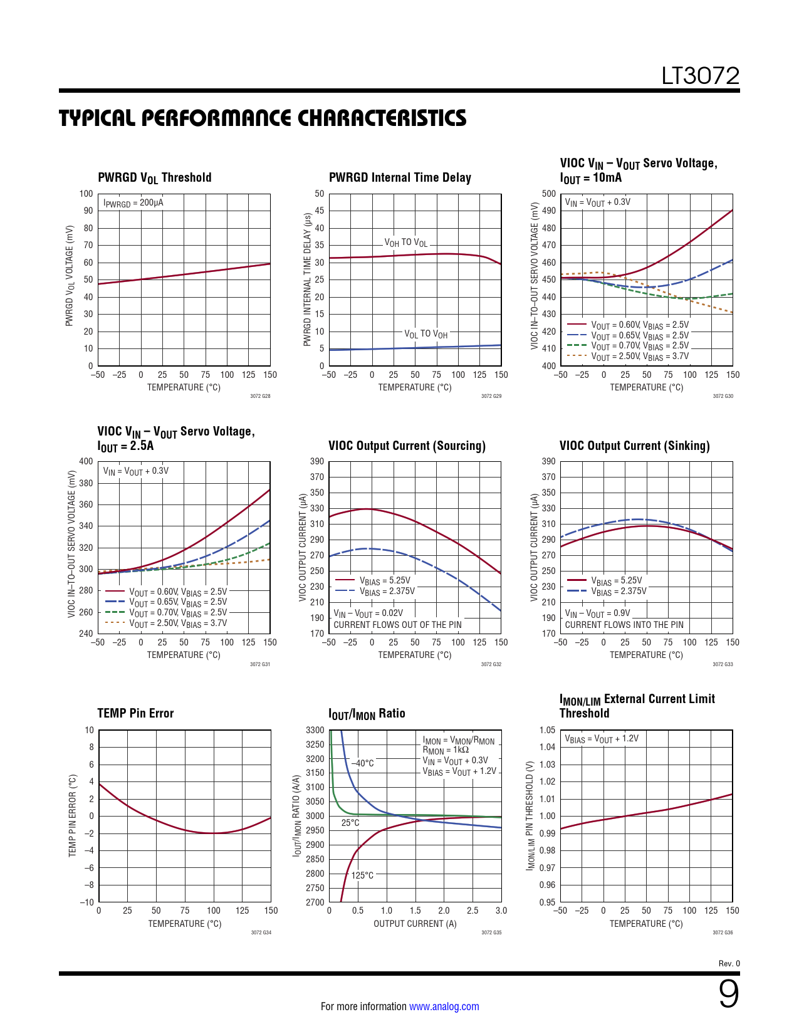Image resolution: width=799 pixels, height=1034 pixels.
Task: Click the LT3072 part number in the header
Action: [x=701, y=76]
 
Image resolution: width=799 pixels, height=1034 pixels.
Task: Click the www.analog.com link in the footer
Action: [x=444, y=1006]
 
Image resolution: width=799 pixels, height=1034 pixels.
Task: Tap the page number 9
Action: [x=728, y=994]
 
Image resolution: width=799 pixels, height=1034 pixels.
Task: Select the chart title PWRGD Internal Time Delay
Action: [x=400, y=177]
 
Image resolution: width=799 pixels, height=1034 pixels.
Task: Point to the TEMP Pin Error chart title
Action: [x=135, y=713]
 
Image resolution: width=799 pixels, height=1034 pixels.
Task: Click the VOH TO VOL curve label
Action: [x=406, y=243]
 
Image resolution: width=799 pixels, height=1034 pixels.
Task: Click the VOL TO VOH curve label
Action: [x=426, y=334]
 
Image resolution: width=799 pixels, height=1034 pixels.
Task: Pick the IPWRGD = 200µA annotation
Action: [x=133, y=203]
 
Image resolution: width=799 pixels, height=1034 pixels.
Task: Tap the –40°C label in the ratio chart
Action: [x=362, y=763]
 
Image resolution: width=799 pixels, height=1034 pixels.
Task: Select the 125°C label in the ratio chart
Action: [x=362, y=875]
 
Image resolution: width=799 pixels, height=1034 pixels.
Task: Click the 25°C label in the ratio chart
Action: [x=350, y=823]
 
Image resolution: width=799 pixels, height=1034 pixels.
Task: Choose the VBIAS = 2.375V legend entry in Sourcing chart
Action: [x=387, y=591]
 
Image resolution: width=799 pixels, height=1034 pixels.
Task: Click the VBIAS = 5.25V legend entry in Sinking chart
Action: [x=617, y=580]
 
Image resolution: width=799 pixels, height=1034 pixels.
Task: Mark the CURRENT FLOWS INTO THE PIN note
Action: [x=624, y=625]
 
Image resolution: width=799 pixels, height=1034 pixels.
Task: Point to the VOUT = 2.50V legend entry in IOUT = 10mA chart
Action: [x=640, y=356]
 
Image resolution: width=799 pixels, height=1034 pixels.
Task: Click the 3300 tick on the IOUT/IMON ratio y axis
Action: [x=315, y=730]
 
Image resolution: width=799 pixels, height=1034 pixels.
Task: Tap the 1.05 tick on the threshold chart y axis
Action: [x=547, y=730]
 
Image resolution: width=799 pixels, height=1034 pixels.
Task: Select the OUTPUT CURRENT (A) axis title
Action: [x=415, y=924]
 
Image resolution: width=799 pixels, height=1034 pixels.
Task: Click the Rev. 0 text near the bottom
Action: [x=729, y=964]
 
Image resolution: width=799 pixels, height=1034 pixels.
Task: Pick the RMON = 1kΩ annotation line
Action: [x=446, y=750]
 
